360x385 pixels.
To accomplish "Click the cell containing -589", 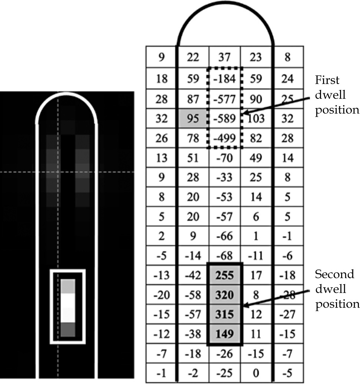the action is pos(224,118).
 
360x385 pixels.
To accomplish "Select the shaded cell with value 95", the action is pos(193,118).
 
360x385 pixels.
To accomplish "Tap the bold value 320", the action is pos(224,295).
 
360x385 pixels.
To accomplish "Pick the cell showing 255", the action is pos(224,275).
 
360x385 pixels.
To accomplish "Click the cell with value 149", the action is pos(224,334).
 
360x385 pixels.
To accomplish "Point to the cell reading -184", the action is pos(224,78).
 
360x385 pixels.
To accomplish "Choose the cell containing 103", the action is pos(256,118).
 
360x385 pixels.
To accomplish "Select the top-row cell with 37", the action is pos(224,57).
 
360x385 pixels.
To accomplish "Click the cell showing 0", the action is pos(256,373).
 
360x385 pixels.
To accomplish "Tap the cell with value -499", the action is pos(224,138).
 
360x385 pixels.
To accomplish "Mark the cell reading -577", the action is pos(224,99).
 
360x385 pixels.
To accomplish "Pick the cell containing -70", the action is pos(224,158).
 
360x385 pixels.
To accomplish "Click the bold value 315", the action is pos(224,314).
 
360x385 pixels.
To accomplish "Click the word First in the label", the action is pos(327,80).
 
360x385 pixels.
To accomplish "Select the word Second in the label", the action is pos(334,274).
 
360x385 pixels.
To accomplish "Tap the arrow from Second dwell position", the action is pos(276,299).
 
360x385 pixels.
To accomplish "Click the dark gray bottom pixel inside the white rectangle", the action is pos(68,329).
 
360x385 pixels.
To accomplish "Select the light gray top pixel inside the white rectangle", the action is pos(68,286).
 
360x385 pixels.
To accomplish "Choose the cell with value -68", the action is pos(224,255).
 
